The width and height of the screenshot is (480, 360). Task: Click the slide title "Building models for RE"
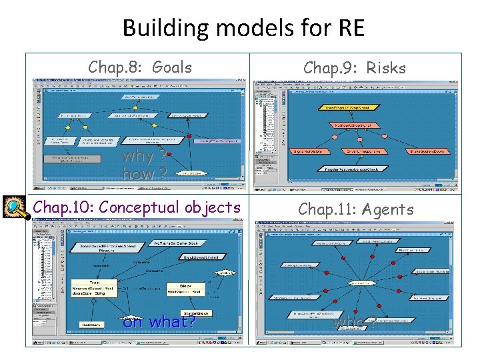point(243,28)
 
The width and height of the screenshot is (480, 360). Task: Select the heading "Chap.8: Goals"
point(140,67)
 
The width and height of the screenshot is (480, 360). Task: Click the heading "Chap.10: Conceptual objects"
point(137,207)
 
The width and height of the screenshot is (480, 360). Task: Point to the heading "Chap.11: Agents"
point(356,209)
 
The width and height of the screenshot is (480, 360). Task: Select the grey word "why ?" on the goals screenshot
point(144,158)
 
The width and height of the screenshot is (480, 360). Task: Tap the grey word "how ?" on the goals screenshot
point(144,175)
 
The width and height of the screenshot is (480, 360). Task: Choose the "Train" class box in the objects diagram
point(94,287)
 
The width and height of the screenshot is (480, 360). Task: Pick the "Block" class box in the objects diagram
point(185,288)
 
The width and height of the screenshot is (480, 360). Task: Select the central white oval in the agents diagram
point(361,283)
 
